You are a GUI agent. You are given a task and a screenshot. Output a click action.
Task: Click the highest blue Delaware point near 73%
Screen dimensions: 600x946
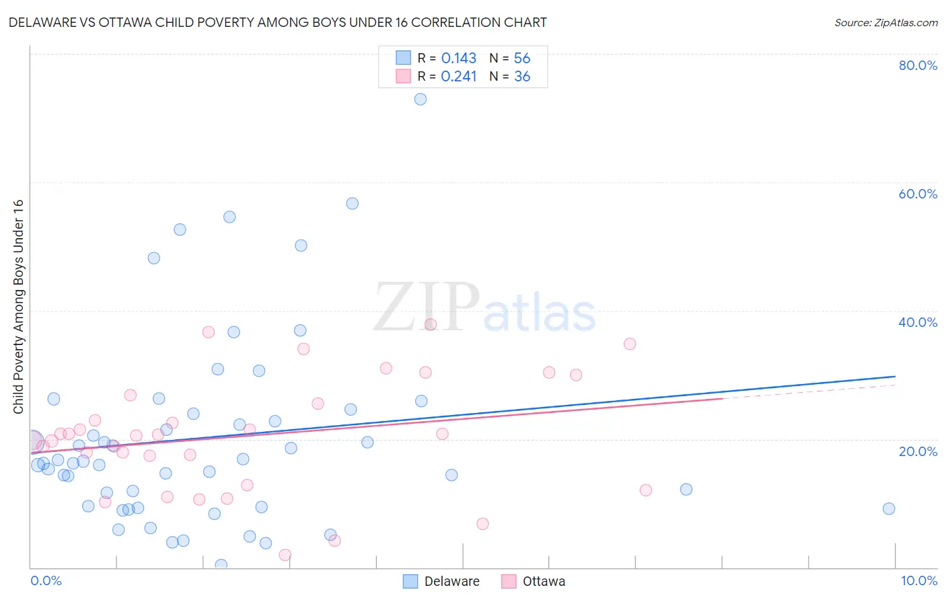(421, 99)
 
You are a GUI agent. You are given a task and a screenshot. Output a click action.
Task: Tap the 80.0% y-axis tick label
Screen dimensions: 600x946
(918, 65)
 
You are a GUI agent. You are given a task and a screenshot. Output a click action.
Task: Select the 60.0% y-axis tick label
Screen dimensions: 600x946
(918, 194)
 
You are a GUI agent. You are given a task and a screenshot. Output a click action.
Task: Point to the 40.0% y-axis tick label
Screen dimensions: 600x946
(918, 322)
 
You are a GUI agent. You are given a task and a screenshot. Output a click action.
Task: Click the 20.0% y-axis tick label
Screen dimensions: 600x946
(918, 451)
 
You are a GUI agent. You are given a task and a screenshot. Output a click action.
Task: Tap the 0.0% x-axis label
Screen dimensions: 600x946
(46, 580)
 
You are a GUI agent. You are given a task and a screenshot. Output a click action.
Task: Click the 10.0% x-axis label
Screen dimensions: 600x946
(918, 580)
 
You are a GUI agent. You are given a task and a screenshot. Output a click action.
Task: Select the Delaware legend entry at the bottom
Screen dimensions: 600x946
(441, 581)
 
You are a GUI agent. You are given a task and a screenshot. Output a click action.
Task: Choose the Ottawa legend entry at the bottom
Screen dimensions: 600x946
(534, 581)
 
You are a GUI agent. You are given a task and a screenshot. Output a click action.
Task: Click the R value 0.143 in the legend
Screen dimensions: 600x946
(459, 59)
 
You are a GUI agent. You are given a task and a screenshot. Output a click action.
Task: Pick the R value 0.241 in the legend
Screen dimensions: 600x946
(459, 77)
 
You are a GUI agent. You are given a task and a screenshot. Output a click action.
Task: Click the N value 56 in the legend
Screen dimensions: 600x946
(522, 59)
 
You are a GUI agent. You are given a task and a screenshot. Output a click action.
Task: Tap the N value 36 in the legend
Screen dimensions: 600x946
(522, 77)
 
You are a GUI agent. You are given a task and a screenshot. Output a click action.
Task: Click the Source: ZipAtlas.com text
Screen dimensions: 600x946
(885, 22)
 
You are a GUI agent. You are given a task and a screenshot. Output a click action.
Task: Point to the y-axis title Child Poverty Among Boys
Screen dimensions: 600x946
(18, 307)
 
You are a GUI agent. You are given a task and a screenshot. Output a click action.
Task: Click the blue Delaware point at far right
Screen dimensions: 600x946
(889, 509)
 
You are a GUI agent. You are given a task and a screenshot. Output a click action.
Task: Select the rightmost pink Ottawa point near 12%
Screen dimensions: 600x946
(646, 490)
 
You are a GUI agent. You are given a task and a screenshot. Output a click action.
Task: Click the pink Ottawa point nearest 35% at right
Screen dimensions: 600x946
(630, 344)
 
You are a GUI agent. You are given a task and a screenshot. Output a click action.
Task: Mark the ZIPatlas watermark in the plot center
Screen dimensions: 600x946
(484, 308)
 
